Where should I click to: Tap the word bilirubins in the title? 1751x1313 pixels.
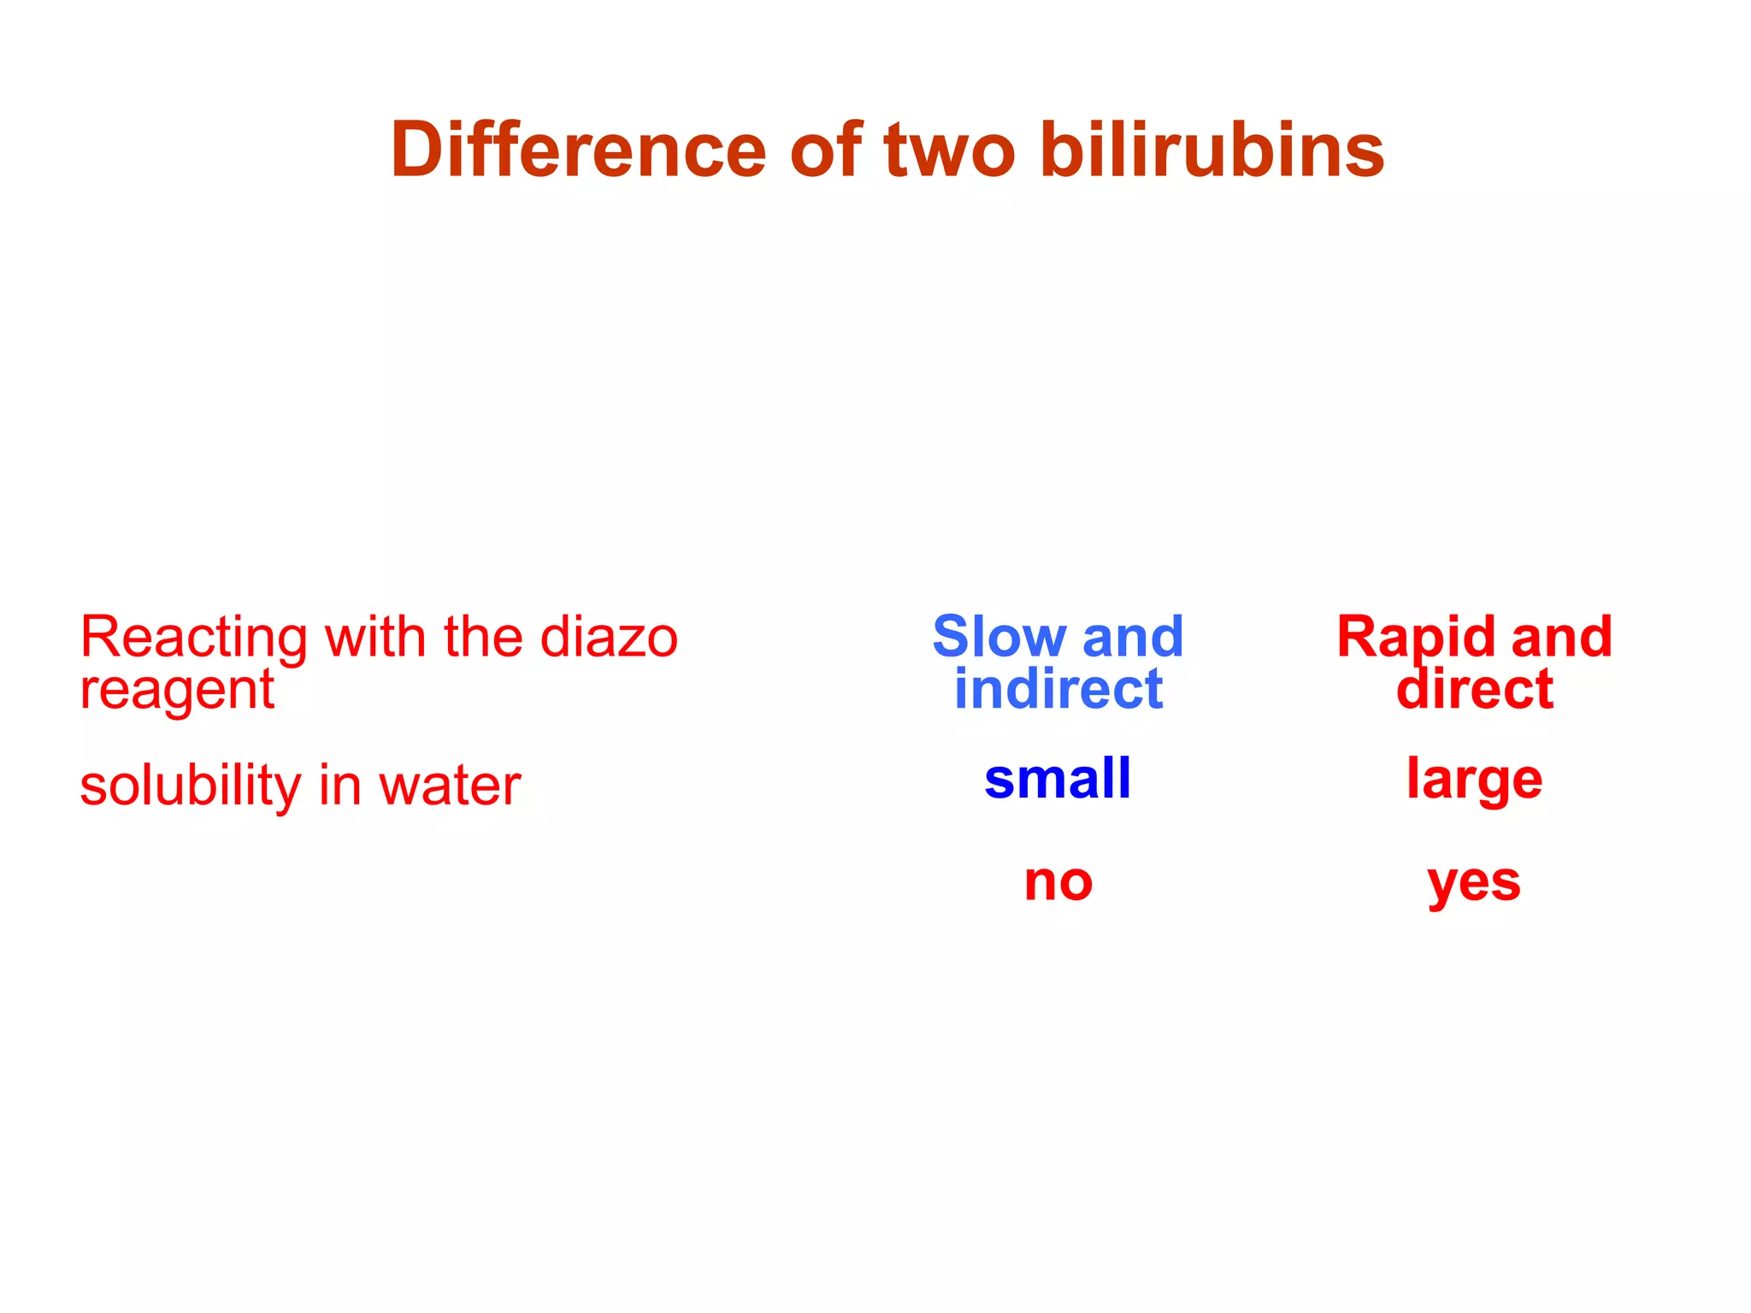pos(1212,150)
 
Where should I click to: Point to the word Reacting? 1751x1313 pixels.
pos(193,639)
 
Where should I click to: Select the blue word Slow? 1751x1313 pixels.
pos(998,637)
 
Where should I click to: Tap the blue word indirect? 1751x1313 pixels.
pos(1058,689)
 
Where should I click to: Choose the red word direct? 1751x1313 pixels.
pos(1475,689)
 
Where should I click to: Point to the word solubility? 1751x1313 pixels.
pos(190,785)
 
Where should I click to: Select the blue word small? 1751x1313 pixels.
pos(1058,779)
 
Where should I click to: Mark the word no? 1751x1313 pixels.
pos(1058,881)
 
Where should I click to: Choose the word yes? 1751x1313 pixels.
pos(1474,883)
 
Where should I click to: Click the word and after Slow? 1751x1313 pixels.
pos(1133,637)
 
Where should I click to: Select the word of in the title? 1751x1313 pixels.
pos(825,150)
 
